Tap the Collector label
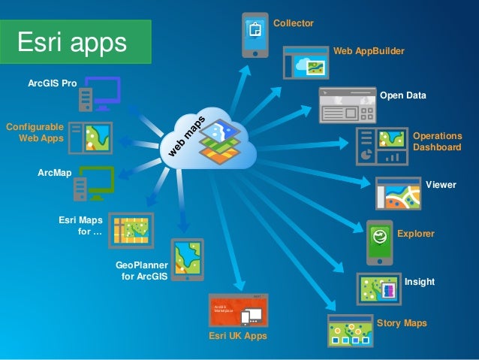pos(293,24)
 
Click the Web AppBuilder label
pos(369,51)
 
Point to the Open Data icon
pos(346,105)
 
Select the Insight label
pos(420,281)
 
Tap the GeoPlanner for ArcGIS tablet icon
pos(187,260)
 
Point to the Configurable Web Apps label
pos(35,132)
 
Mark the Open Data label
pos(403,96)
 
